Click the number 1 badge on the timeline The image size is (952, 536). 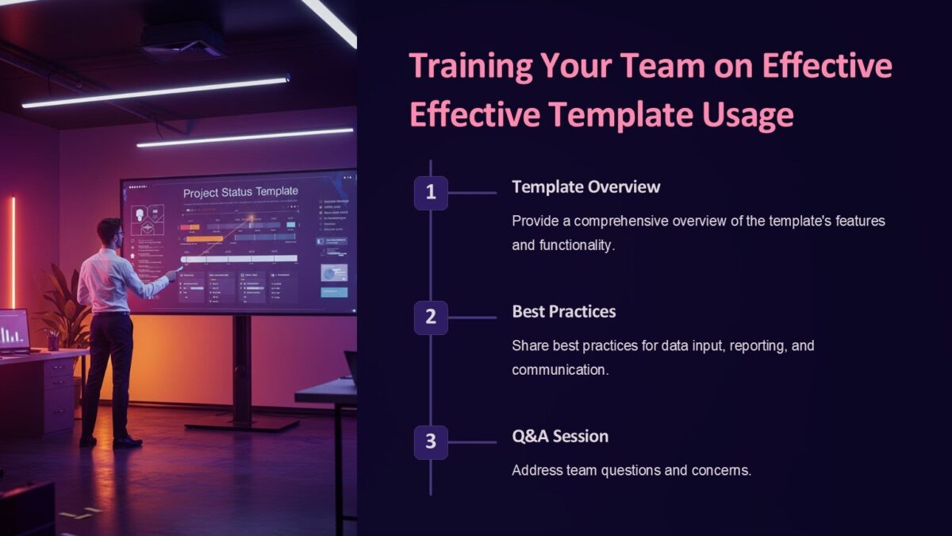(431, 193)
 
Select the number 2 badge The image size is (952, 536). (431, 318)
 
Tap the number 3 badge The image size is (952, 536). (431, 442)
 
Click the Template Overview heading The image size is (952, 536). (585, 187)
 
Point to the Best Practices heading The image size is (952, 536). (563, 311)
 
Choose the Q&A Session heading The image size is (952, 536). (560, 436)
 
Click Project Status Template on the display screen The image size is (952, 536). (240, 192)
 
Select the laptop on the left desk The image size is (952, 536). (13, 330)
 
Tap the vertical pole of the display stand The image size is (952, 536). (242, 369)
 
